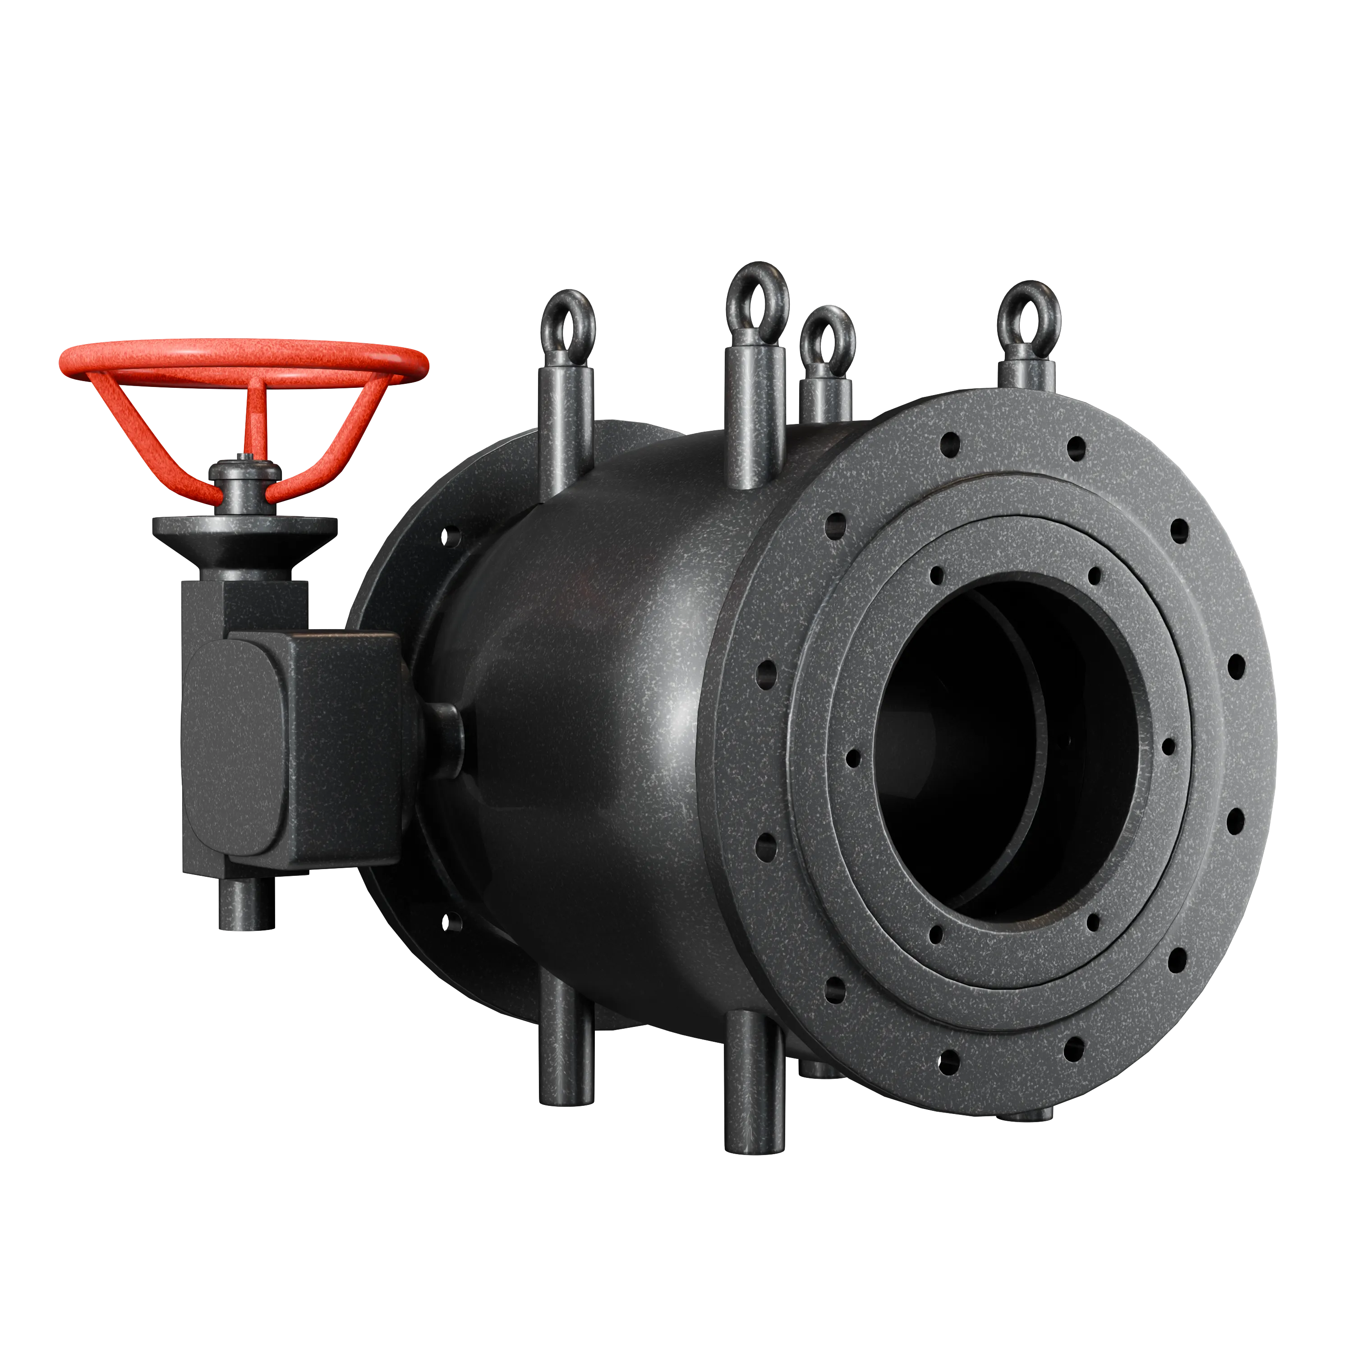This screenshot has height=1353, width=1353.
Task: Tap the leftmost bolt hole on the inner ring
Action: coord(852,756)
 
